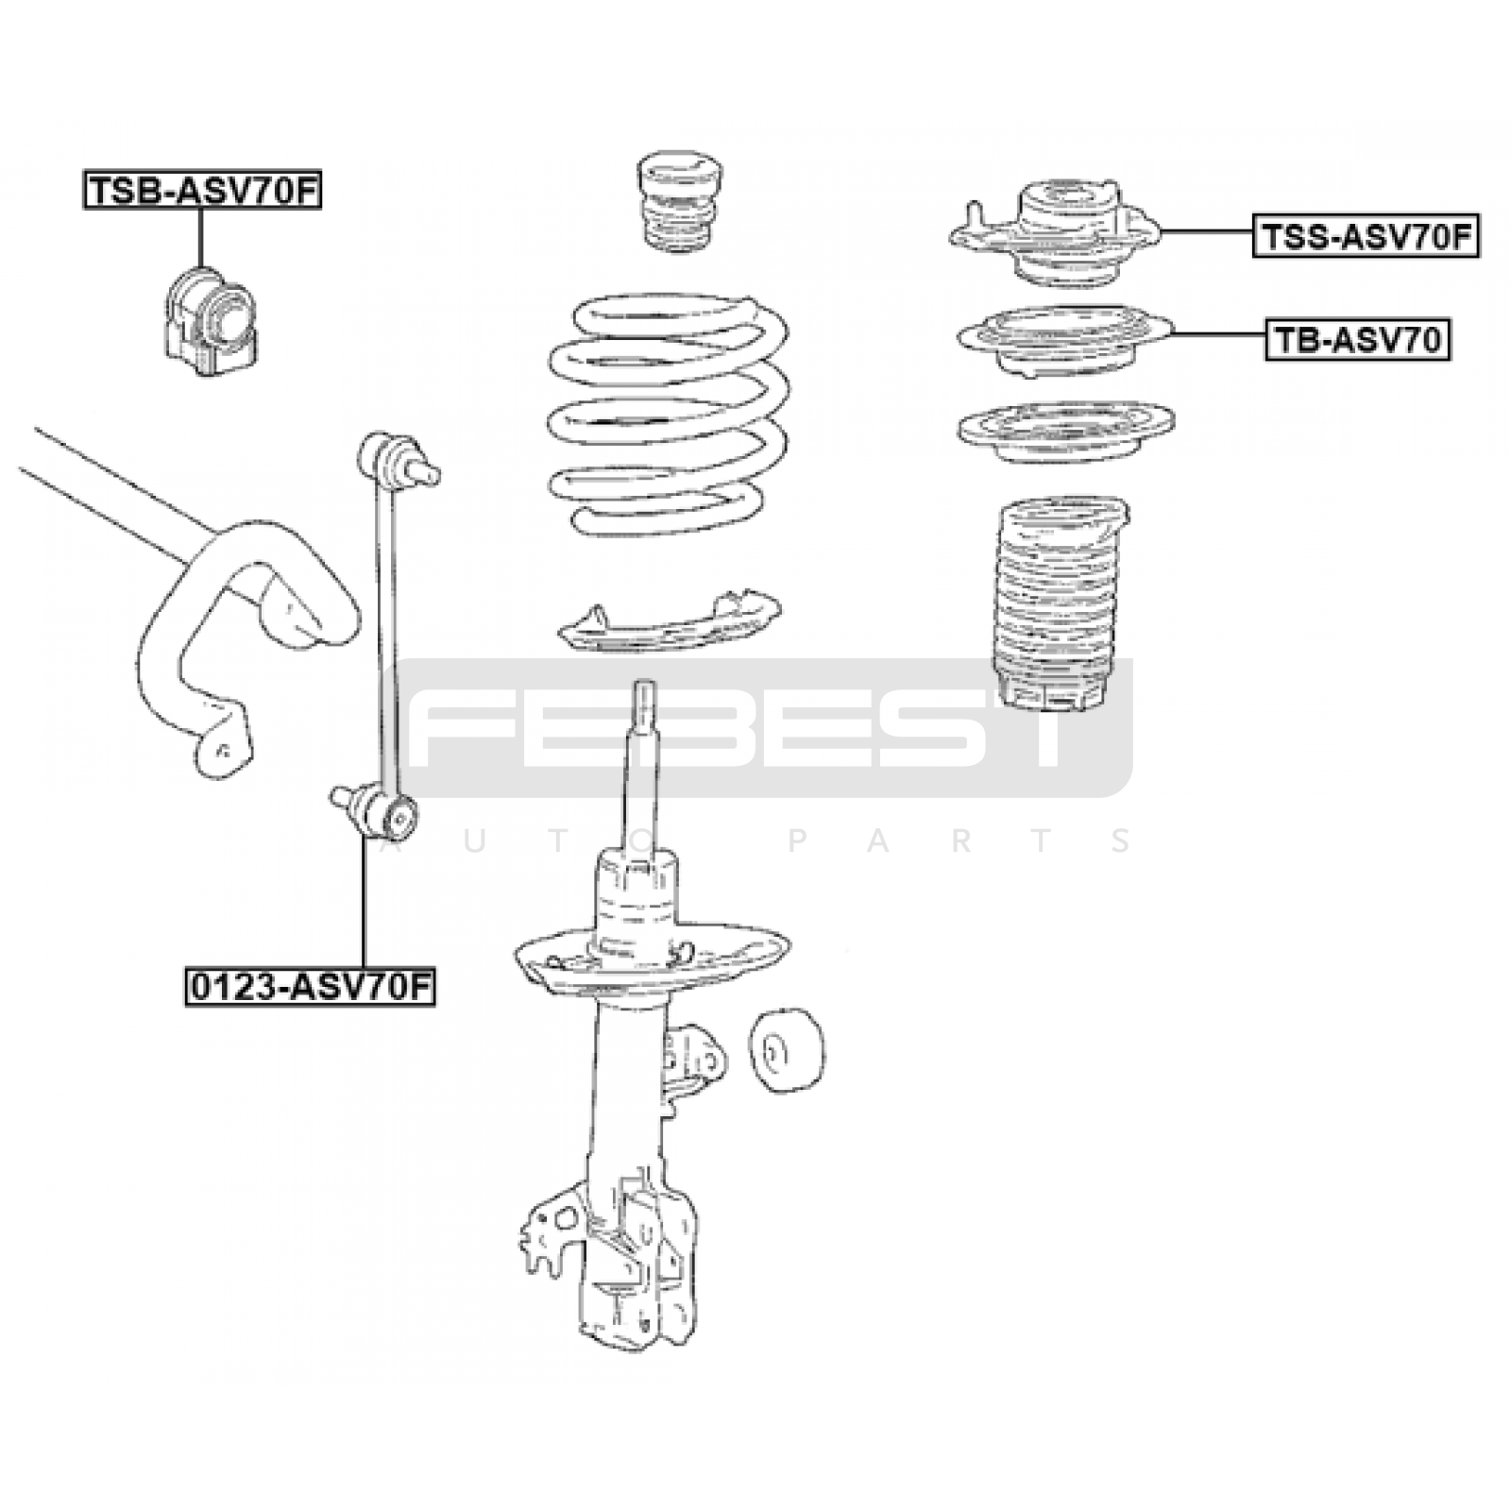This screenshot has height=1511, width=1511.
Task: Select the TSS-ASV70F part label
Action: tap(1366, 236)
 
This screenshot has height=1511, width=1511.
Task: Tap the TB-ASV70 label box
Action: tap(1357, 340)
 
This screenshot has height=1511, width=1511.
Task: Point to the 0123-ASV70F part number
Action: tap(310, 988)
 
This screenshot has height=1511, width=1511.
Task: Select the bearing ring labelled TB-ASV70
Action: tap(1062, 338)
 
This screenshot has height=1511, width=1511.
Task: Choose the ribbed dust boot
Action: tap(1058, 604)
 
